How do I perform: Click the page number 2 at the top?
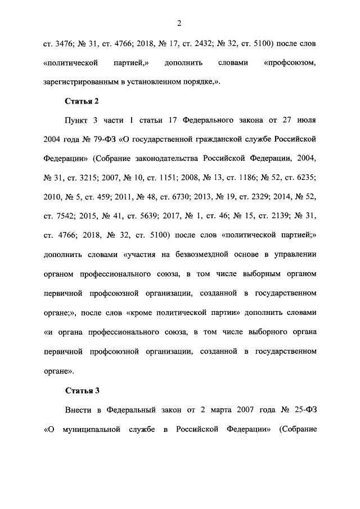coord(178,23)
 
